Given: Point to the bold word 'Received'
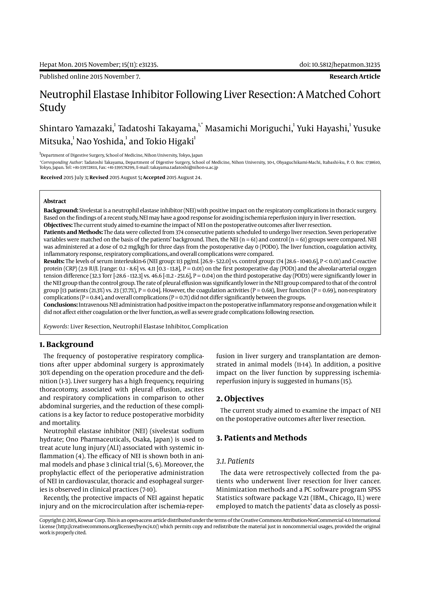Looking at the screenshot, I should point(51,177).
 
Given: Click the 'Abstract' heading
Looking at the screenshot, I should point(55,201).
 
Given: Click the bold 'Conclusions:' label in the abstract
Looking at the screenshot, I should point(60,305).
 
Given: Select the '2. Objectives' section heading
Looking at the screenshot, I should point(240,399).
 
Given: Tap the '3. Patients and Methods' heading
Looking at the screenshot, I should point(261,438).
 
